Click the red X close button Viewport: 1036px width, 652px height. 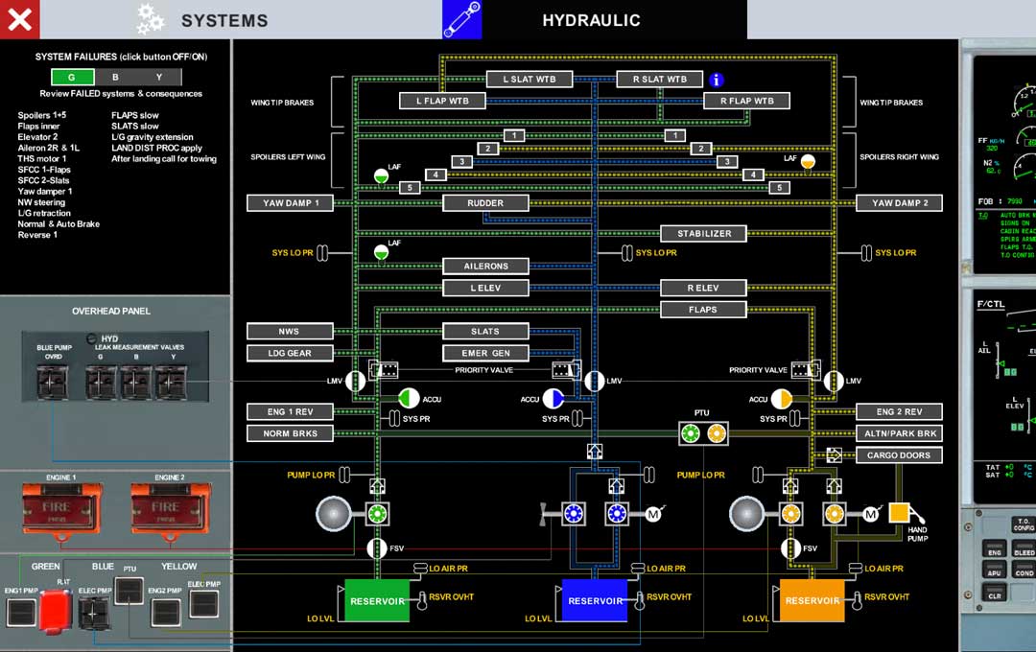20,19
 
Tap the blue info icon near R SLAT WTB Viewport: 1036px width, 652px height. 716,80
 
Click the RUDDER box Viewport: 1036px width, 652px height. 485,203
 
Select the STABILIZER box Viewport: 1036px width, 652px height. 704,233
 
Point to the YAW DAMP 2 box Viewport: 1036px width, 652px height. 899,203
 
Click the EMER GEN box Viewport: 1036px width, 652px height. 485,353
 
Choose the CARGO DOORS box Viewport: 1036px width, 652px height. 899,455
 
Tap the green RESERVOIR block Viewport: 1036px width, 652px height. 377,601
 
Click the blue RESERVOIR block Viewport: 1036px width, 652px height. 595,601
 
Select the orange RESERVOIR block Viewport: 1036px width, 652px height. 812,601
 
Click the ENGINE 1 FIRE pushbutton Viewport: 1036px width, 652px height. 60,504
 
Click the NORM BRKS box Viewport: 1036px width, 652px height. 290,433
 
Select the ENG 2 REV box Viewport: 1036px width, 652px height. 899,411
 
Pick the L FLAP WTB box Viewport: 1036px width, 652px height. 442,101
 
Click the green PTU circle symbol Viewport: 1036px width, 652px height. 691,433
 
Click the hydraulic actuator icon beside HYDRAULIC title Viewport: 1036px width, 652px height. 461,19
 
